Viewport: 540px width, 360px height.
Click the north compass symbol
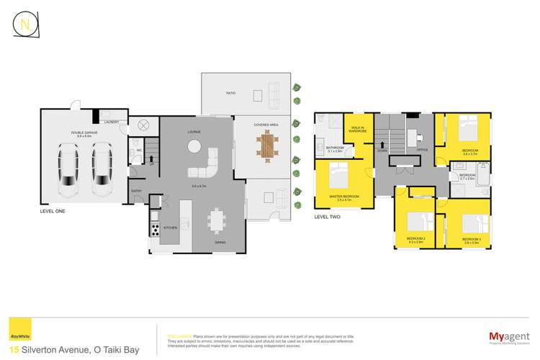[x=26, y=24]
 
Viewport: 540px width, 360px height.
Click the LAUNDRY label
[x=111, y=122]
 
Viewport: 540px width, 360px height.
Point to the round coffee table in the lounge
[x=194, y=146]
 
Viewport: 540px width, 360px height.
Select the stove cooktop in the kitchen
[x=154, y=230]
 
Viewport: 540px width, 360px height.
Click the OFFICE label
[x=422, y=150]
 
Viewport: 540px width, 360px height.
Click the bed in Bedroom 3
[x=472, y=224]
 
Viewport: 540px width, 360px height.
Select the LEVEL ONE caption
[x=53, y=212]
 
